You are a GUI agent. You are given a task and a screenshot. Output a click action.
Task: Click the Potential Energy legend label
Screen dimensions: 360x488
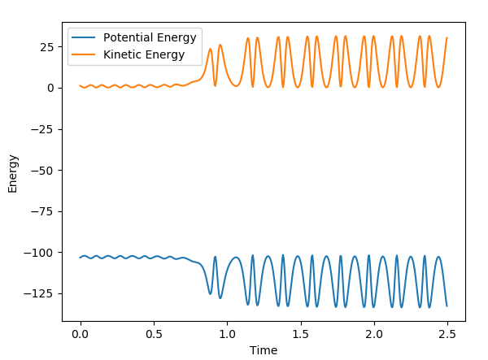pos(150,38)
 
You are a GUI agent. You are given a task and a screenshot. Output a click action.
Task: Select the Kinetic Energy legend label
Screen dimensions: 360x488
pos(143,55)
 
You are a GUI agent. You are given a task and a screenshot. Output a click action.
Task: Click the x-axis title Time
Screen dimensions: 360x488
pos(264,350)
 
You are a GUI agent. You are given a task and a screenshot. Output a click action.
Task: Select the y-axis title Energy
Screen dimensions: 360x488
pos(12,172)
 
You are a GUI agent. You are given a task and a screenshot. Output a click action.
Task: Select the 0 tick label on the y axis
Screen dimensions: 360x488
pos(52,88)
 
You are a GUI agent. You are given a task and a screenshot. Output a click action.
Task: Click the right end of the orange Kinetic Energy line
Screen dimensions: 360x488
pos(447,38)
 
